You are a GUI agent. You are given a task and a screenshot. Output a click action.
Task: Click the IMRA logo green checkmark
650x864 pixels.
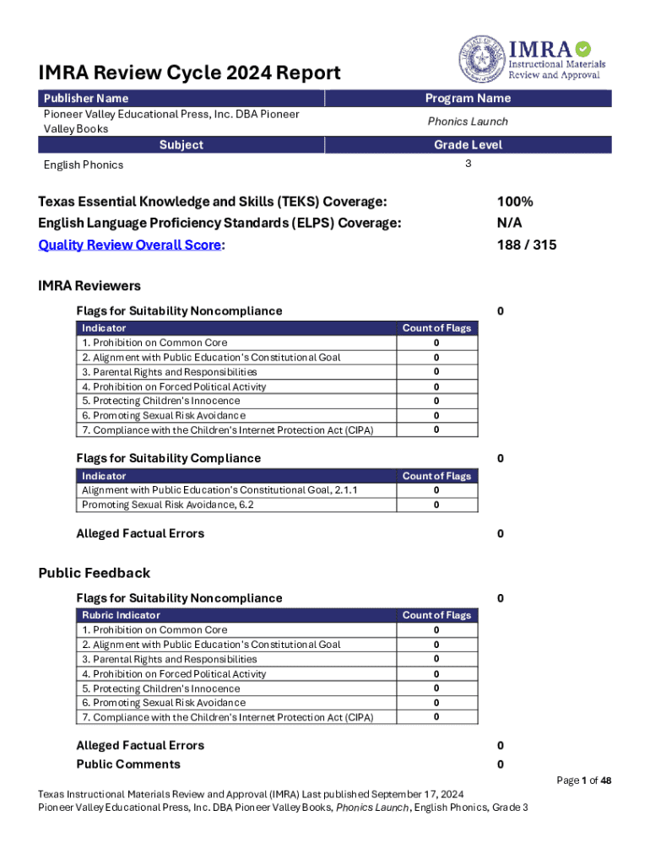pyautogui.click(x=582, y=50)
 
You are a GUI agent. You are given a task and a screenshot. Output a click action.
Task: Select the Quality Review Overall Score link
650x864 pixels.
pyautogui.click(x=131, y=246)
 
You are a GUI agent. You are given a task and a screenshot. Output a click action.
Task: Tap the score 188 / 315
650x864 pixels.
pyautogui.click(x=527, y=246)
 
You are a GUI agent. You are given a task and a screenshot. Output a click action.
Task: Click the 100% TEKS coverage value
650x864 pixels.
pyautogui.click(x=515, y=202)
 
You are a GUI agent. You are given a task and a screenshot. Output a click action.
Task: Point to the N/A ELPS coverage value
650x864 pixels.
pyautogui.click(x=510, y=223)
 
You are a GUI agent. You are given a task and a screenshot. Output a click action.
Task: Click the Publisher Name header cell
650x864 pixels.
pyautogui.click(x=86, y=99)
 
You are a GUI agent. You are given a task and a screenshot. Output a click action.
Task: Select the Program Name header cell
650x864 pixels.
pyautogui.click(x=468, y=99)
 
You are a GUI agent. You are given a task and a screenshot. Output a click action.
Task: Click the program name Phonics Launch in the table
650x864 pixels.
pyautogui.click(x=468, y=121)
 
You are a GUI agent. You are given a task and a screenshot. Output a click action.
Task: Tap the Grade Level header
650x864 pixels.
pyautogui.click(x=468, y=145)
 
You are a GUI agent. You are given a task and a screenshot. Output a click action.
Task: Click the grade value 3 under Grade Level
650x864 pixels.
pyautogui.click(x=468, y=164)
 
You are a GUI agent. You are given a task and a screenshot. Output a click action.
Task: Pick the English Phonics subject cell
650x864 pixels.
pyautogui.click(x=84, y=165)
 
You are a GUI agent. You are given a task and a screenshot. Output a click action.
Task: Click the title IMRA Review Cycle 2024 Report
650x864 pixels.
pyautogui.click(x=189, y=73)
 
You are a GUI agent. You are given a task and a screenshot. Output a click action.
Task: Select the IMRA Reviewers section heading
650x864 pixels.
pyautogui.click(x=89, y=286)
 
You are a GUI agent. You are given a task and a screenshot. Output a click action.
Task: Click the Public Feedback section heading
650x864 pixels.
pyautogui.click(x=95, y=573)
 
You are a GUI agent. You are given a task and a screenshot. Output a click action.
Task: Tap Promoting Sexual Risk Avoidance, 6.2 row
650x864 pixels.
pyautogui.click(x=168, y=505)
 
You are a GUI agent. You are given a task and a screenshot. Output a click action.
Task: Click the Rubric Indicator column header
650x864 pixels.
pyautogui.click(x=121, y=615)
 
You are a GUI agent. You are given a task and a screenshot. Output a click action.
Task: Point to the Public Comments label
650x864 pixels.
pyautogui.click(x=128, y=764)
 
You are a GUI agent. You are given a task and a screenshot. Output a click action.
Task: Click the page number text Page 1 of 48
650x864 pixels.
pyautogui.click(x=583, y=780)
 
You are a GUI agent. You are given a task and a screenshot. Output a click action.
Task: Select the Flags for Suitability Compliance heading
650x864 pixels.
pyautogui.click(x=169, y=458)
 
